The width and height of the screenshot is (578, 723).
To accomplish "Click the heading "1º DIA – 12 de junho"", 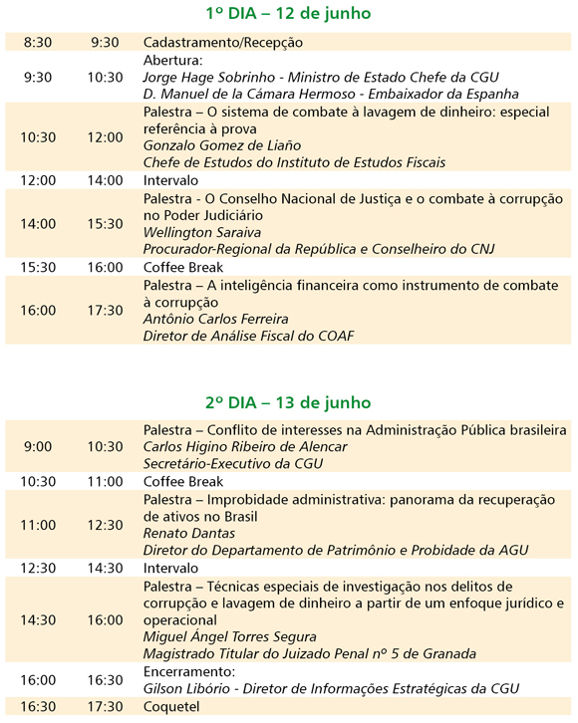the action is click(x=287, y=14).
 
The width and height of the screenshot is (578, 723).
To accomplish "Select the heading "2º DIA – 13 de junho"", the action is click(x=287, y=403).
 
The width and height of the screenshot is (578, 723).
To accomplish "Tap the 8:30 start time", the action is click(x=38, y=43).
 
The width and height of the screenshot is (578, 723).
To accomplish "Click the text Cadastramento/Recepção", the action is click(x=223, y=43).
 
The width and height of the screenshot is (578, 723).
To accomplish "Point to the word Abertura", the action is click(x=173, y=60).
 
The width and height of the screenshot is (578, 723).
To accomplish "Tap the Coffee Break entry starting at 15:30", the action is click(x=183, y=267).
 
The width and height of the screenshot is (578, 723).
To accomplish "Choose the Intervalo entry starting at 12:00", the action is click(x=171, y=180).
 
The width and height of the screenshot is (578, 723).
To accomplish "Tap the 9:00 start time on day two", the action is click(x=38, y=446).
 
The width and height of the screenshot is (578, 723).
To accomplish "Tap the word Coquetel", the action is click(x=171, y=706).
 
